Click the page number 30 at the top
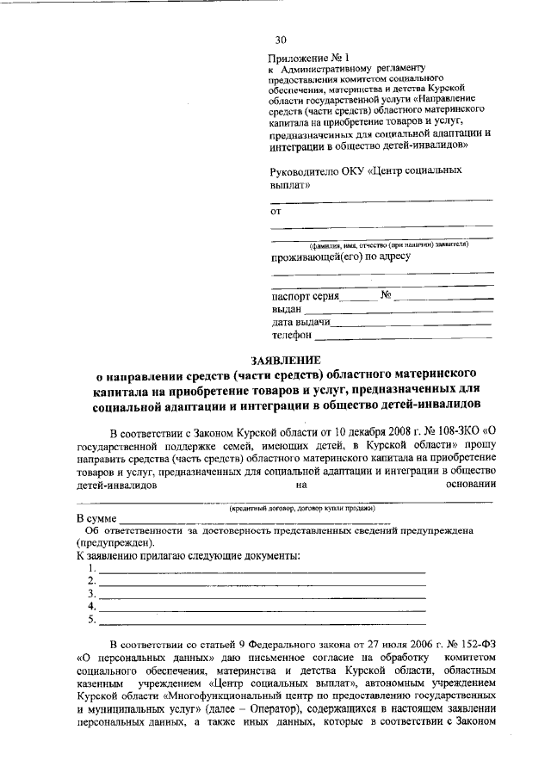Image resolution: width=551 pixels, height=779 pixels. pyautogui.click(x=280, y=40)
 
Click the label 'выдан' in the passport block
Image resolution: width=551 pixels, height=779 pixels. pyautogui.click(x=287, y=309)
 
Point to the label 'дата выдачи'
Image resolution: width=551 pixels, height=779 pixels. pyautogui.click(x=300, y=322)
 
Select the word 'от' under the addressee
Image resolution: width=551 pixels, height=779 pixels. pyautogui.click(x=276, y=209)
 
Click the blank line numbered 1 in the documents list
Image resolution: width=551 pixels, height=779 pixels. pyautogui.click(x=263, y=570)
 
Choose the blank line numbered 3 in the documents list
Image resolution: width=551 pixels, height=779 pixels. pyautogui.click(x=263, y=595)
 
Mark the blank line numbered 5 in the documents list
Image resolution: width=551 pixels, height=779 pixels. pyautogui.click(x=263, y=620)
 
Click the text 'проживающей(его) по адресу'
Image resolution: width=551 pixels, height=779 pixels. pyautogui.click(x=340, y=257)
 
